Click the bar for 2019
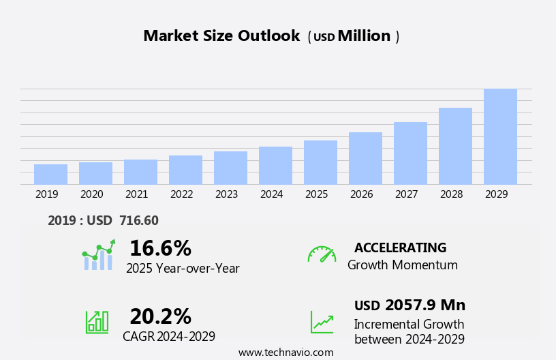(x=50, y=175)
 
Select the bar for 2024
(x=275, y=166)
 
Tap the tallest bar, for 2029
(x=500, y=136)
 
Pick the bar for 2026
(x=365, y=158)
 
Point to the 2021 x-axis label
(x=136, y=194)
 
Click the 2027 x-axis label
(x=406, y=194)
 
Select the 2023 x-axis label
(x=226, y=194)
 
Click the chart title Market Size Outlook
(x=221, y=36)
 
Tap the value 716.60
(x=139, y=220)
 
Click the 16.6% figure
(x=160, y=248)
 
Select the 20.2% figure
(x=160, y=316)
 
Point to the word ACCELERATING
(x=400, y=247)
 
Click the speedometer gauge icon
(x=322, y=254)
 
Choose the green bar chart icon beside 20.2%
(x=97, y=321)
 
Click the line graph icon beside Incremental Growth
(x=322, y=322)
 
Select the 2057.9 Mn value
(x=424, y=305)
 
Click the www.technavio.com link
(x=285, y=352)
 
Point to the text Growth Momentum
(x=402, y=265)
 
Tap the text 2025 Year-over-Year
(x=183, y=269)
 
